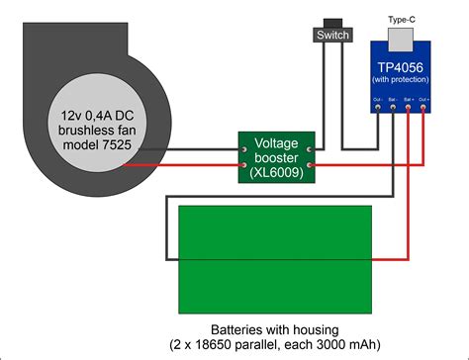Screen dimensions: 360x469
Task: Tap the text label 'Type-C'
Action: [403, 19]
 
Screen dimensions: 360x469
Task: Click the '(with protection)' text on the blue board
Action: [403, 79]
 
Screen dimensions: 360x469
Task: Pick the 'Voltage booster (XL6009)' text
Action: [276, 158]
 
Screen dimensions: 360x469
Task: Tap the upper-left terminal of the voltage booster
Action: [243, 150]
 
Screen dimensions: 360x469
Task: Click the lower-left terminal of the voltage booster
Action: [243, 166]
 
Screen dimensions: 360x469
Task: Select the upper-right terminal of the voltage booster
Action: [310, 150]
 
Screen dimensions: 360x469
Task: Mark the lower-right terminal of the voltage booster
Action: [310, 166]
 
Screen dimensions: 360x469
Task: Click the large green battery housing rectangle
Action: [274, 259]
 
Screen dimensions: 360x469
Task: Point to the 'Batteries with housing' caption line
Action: [274, 329]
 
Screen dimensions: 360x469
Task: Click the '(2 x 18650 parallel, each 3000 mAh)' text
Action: [274, 346]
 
